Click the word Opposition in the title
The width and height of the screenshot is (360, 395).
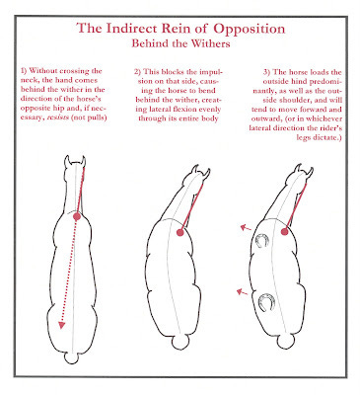[250, 29]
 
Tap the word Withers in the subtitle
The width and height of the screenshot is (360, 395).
[212, 43]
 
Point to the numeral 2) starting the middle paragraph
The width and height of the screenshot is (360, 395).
[138, 72]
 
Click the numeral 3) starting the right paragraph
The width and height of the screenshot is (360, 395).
[267, 72]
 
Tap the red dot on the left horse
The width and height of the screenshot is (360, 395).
[77, 216]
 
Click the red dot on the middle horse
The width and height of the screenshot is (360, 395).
[180, 233]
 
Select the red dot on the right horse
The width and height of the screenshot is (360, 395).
[285, 232]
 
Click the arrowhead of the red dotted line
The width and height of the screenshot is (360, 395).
[61, 325]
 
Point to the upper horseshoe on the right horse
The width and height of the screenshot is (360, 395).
[261, 241]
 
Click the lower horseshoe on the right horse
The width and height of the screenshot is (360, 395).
[266, 302]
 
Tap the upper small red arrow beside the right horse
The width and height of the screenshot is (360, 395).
[246, 227]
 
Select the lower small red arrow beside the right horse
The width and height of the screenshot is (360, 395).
[243, 291]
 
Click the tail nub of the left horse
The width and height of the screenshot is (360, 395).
[71, 358]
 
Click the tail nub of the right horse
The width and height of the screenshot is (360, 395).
[285, 342]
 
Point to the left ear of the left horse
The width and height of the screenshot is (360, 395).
[67, 161]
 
